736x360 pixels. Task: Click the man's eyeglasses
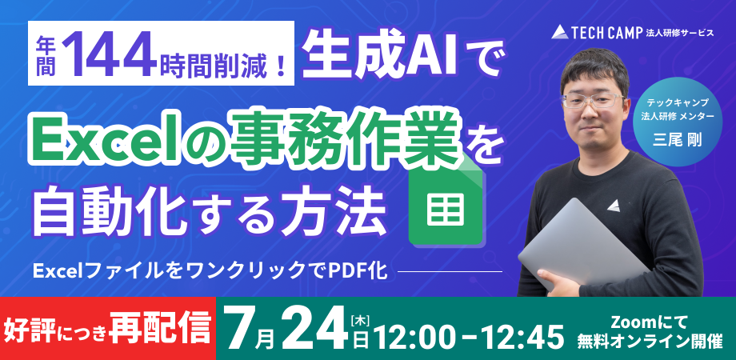coord(596,101)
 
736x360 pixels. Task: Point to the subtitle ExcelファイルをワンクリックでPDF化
coord(210,270)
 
